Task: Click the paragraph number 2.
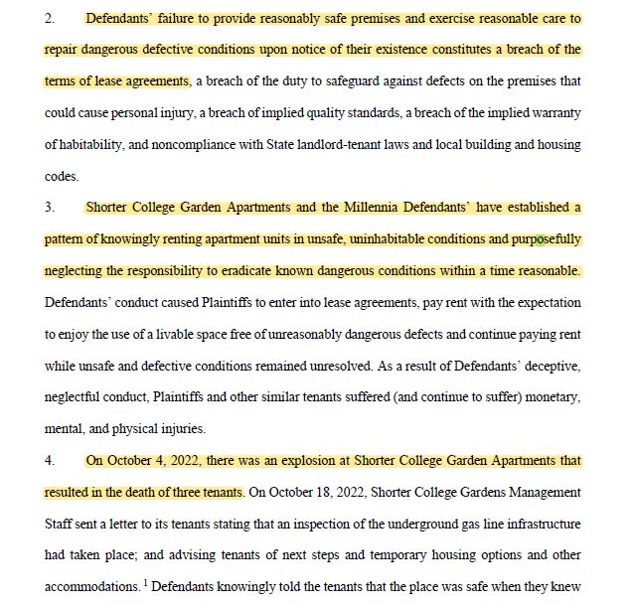[x=50, y=18]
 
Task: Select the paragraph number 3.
[x=50, y=208]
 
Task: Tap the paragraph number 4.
[x=50, y=461]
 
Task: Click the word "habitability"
[x=95, y=144]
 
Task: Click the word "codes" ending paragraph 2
[x=61, y=176]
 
